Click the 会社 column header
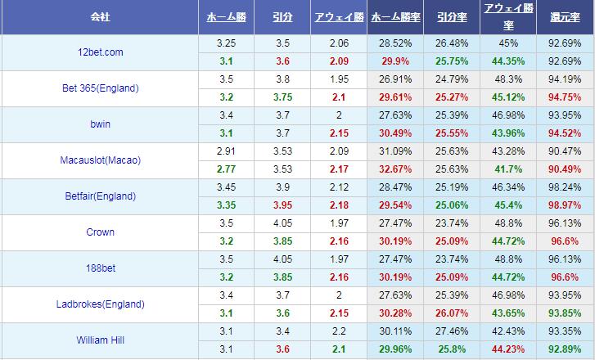coord(100,16)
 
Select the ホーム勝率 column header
coord(396,16)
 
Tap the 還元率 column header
coord(566,16)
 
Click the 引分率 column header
coord(452,16)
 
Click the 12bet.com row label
coord(100,52)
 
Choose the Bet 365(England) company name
coord(100,88)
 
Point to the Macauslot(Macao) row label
coord(100,160)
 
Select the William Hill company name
coord(100,340)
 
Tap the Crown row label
coord(100,232)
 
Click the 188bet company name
coord(100,268)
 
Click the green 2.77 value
coord(227,169)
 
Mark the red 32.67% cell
coord(396,169)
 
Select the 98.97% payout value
coord(566,205)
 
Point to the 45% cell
coord(508,43)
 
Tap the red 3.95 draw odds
coord(283,205)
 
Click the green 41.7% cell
coord(508,169)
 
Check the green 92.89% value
coord(566,349)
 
